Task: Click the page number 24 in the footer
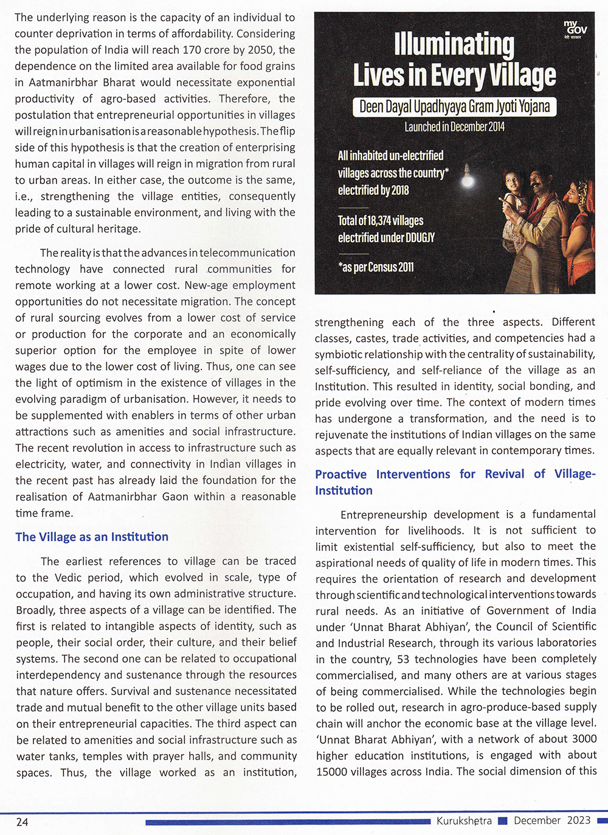(22, 822)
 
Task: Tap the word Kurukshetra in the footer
(464, 820)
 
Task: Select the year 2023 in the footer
(579, 820)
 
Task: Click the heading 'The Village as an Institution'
(92, 537)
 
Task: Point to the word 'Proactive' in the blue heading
(341, 474)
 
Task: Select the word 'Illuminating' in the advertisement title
(454, 44)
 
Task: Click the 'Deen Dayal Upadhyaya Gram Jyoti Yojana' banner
(455, 107)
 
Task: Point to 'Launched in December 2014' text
(455, 127)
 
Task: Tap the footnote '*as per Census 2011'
(376, 267)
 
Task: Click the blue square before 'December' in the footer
(502, 821)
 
